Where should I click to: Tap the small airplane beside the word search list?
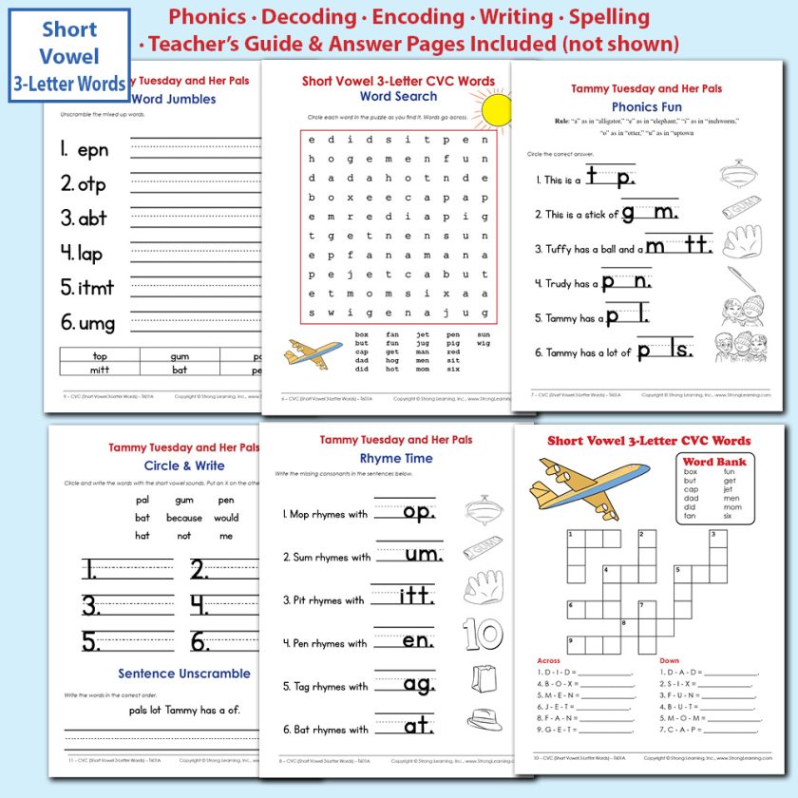pyautogui.click(x=313, y=353)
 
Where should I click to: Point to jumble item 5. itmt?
pyautogui.click(x=87, y=287)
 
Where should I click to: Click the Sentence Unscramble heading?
pyautogui.click(x=184, y=674)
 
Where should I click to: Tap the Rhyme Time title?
pyautogui.click(x=395, y=458)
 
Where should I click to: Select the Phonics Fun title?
pyautogui.click(x=646, y=107)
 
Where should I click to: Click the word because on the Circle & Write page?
pyautogui.click(x=183, y=518)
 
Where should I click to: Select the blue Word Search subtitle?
pyautogui.click(x=398, y=96)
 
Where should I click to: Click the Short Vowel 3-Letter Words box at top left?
pyautogui.click(x=68, y=56)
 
